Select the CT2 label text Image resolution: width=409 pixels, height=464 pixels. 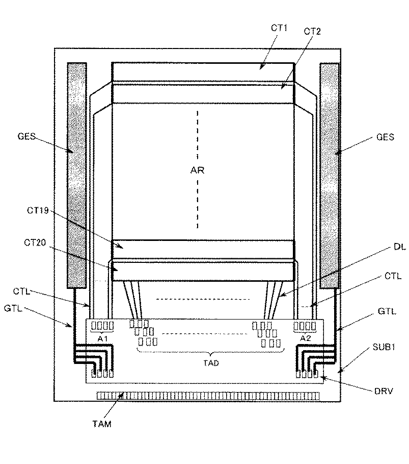312,32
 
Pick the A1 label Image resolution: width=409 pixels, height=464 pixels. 102,338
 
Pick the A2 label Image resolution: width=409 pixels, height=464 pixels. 306,338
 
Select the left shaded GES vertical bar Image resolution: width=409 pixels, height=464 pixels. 77,174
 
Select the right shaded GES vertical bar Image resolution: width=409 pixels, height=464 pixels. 330,174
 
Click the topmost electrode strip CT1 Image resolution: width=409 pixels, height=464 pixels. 203,71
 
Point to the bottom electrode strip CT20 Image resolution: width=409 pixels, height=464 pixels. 203,270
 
